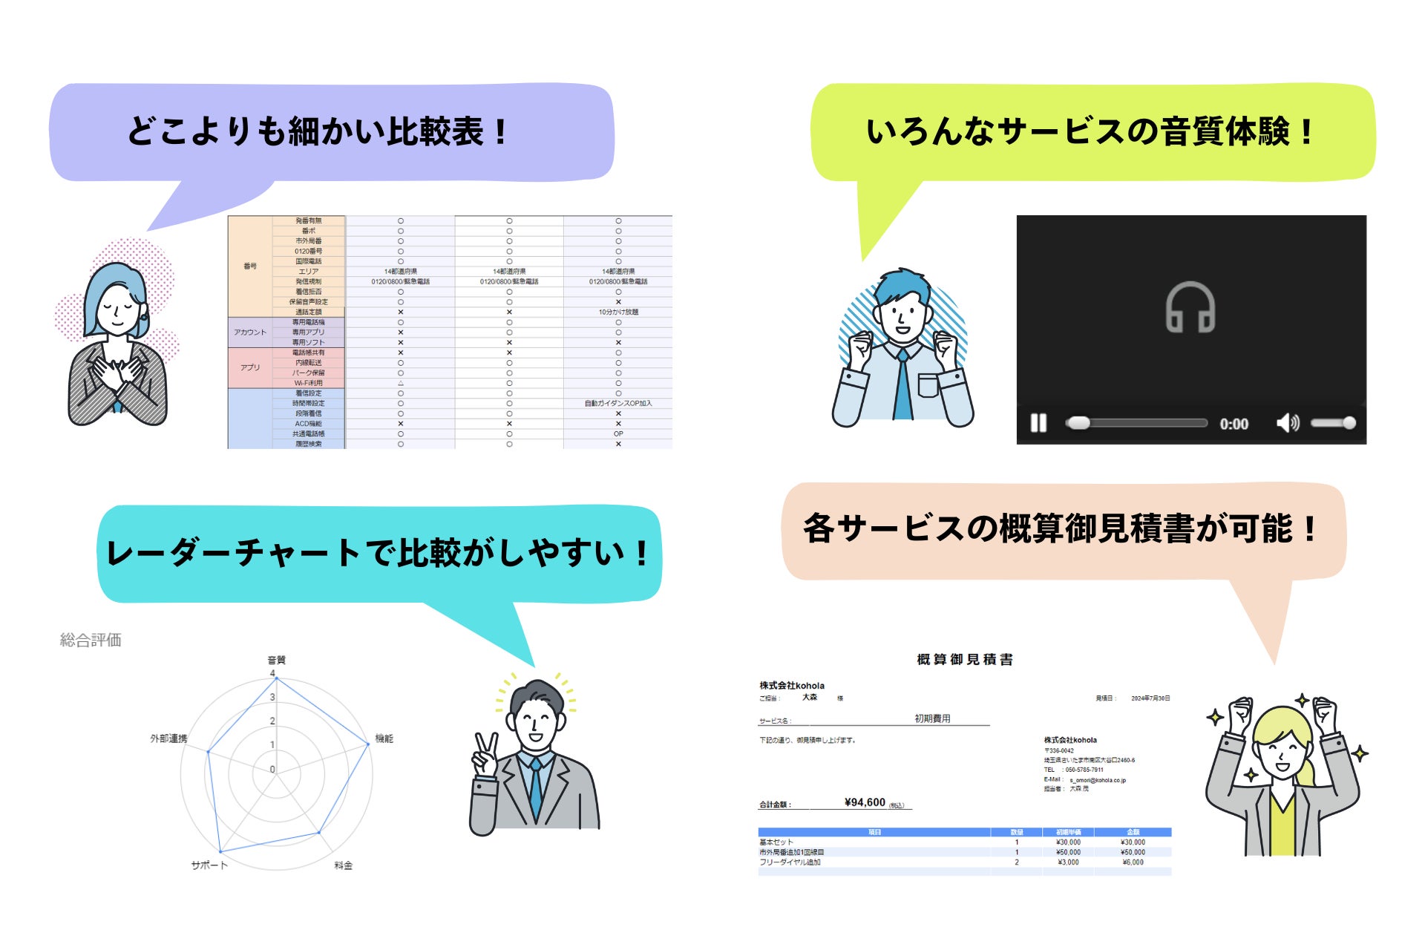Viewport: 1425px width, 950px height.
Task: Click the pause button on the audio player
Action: (x=1038, y=423)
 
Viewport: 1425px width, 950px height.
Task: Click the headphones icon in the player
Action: (x=1190, y=307)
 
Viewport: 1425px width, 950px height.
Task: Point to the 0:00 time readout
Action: (x=1234, y=424)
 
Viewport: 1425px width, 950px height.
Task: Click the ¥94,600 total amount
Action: (x=865, y=802)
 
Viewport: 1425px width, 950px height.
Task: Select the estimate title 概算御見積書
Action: (x=965, y=659)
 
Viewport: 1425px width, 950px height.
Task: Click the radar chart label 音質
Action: (x=276, y=660)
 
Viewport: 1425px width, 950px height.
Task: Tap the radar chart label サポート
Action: (x=209, y=865)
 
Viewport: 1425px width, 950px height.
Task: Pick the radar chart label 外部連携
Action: (x=168, y=738)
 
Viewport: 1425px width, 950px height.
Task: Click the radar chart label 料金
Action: (x=343, y=865)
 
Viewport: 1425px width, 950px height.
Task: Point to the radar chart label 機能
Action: (x=384, y=738)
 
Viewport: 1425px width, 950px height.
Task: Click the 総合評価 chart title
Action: (x=91, y=640)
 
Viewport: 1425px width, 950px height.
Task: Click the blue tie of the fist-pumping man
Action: (x=902, y=386)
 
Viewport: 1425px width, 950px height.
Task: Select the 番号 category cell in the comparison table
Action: (x=250, y=266)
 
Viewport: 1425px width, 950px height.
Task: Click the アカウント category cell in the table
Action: (x=250, y=332)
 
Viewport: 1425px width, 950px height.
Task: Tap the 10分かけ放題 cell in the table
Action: (x=618, y=312)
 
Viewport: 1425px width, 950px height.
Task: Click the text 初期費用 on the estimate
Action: (x=932, y=718)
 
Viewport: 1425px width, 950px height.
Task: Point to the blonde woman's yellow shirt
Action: (x=1282, y=824)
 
